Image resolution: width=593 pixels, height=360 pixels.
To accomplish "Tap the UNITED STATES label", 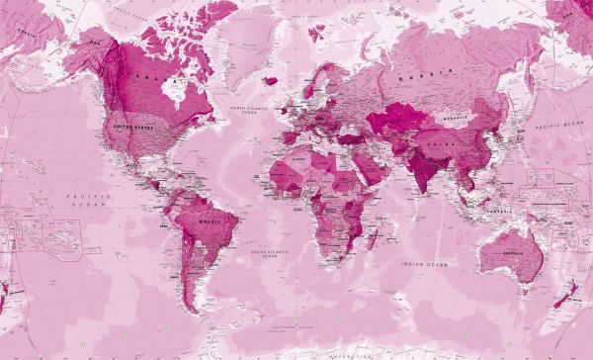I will coord(134,127).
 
